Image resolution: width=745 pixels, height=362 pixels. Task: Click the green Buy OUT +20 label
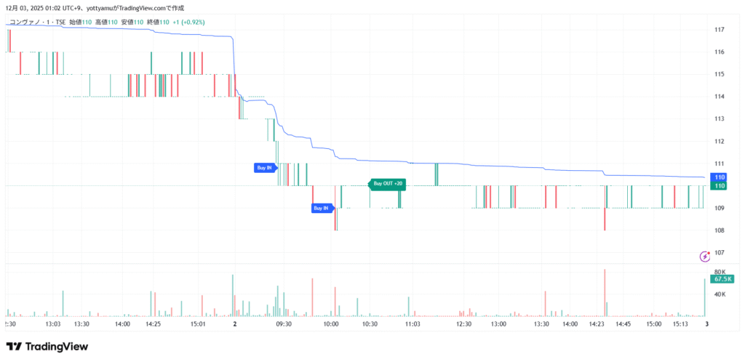(x=388, y=184)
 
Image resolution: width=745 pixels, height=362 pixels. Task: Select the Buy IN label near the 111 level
(x=265, y=168)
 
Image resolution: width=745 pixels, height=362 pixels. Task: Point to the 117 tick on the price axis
(x=719, y=30)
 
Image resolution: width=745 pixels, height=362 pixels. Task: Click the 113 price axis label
(x=719, y=118)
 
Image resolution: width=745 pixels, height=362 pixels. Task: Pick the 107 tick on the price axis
(x=719, y=252)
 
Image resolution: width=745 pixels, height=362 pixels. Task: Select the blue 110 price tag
(x=720, y=177)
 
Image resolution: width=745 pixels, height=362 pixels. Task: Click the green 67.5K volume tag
(x=722, y=279)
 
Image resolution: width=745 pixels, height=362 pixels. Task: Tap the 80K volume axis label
(x=719, y=272)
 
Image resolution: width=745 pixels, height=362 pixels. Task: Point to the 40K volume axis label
(x=719, y=294)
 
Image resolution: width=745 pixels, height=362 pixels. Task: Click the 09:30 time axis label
(x=284, y=324)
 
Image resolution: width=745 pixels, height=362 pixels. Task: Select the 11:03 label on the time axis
(x=413, y=324)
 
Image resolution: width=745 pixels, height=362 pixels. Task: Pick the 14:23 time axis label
(x=598, y=324)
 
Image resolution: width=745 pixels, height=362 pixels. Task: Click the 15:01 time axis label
(x=199, y=324)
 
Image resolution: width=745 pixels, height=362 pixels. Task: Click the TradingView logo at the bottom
(x=47, y=347)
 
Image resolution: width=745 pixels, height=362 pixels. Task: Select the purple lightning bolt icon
(x=704, y=256)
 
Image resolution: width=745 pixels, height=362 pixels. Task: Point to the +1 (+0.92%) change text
(x=188, y=23)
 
